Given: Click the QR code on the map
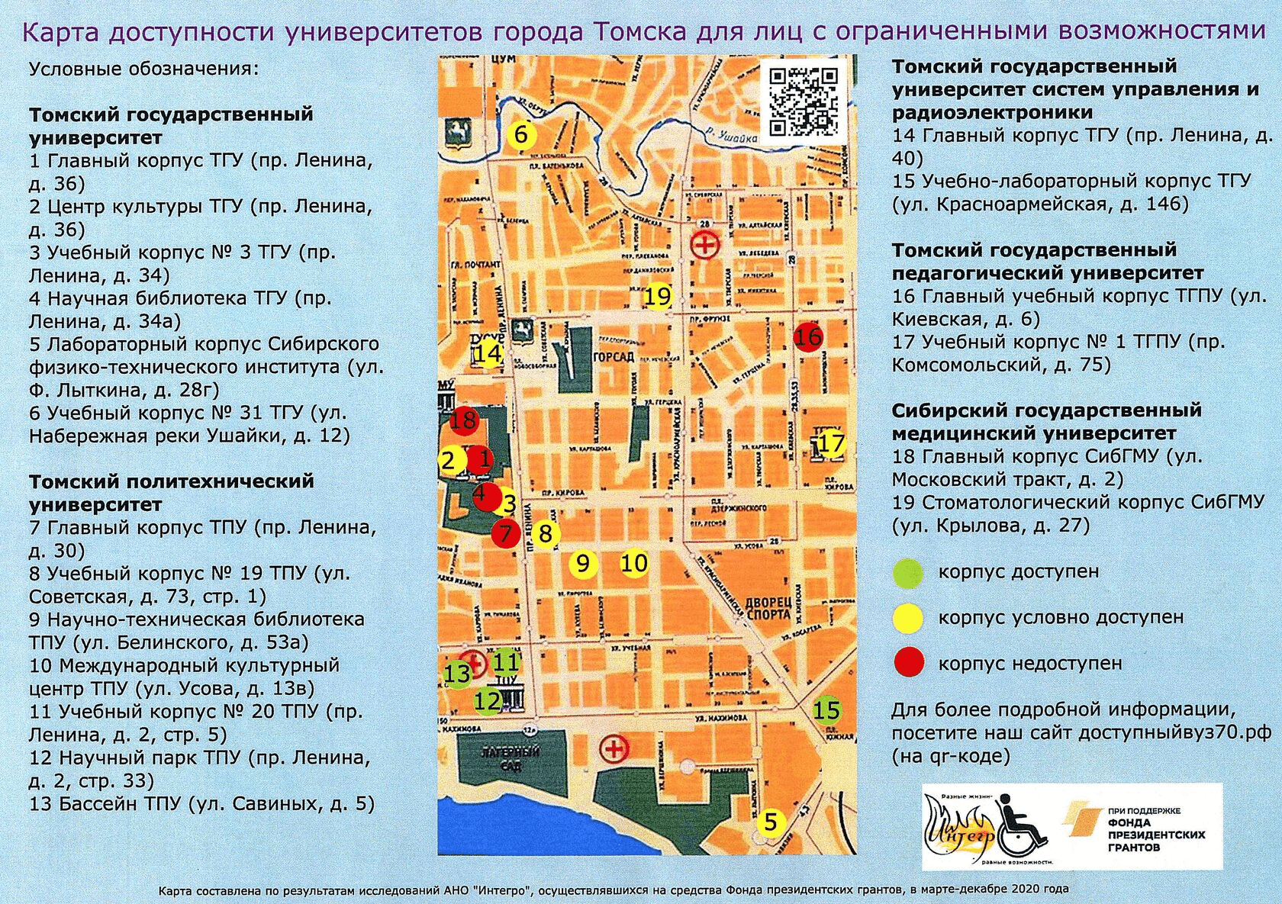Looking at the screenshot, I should (803, 101).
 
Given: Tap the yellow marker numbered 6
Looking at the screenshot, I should (522, 135).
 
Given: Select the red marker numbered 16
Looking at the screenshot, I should (808, 336).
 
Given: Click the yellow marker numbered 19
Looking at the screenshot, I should (657, 296).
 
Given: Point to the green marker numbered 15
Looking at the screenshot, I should (826, 711).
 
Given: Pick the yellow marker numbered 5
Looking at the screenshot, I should (771, 822).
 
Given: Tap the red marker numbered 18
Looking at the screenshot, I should (463, 420).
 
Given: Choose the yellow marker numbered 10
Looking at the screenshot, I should (633, 564).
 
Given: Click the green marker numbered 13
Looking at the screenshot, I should (457, 674).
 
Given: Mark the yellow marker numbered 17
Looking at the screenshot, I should (831, 444).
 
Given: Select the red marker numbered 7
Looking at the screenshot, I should (506, 533).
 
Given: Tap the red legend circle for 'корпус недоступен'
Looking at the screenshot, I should (908, 662).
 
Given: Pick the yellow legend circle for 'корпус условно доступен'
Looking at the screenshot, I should (908, 618).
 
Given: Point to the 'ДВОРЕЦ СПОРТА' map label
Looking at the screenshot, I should (768, 608).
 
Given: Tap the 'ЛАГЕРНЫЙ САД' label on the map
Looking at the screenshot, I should (510, 758).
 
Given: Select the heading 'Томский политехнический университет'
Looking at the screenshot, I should (172, 493).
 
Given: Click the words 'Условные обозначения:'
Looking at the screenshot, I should (144, 69).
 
